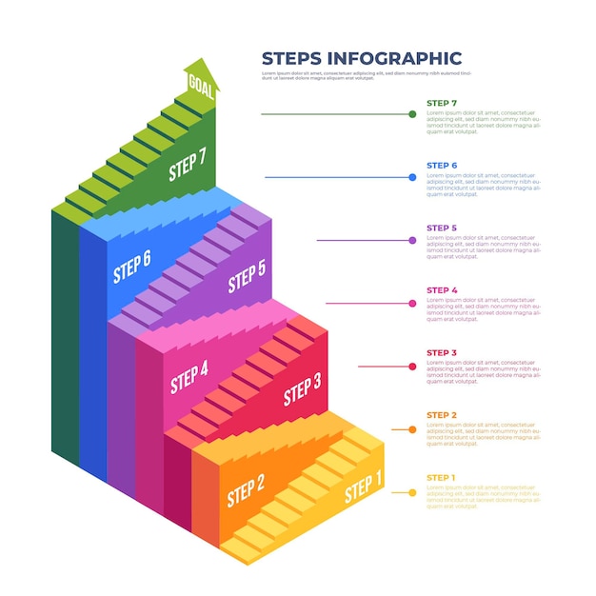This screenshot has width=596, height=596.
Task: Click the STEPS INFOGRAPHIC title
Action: click(x=361, y=58)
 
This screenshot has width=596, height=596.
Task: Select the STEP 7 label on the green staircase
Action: click(x=187, y=166)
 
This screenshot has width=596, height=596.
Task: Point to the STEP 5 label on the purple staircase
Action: click(x=247, y=277)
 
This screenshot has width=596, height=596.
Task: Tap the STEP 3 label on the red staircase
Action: click(x=303, y=388)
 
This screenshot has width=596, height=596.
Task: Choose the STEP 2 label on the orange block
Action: click(x=246, y=490)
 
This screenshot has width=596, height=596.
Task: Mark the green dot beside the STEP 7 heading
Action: click(x=412, y=114)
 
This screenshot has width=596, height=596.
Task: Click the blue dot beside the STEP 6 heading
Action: click(x=412, y=177)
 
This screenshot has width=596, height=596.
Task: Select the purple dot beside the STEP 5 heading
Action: click(x=412, y=240)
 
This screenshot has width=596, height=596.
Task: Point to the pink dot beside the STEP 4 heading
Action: click(x=412, y=304)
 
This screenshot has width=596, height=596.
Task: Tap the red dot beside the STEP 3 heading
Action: click(x=412, y=366)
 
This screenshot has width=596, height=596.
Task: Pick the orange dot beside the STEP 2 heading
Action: click(x=412, y=429)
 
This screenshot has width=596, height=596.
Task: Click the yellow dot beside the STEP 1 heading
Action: click(x=412, y=492)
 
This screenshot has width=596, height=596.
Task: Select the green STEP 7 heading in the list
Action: click(x=442, y=103)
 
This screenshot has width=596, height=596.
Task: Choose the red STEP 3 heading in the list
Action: click(x=442, y=353)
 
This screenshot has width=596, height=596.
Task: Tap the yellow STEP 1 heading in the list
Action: click(x=442, y=478)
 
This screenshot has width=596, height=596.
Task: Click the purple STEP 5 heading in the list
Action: click(x=442, y=228)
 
